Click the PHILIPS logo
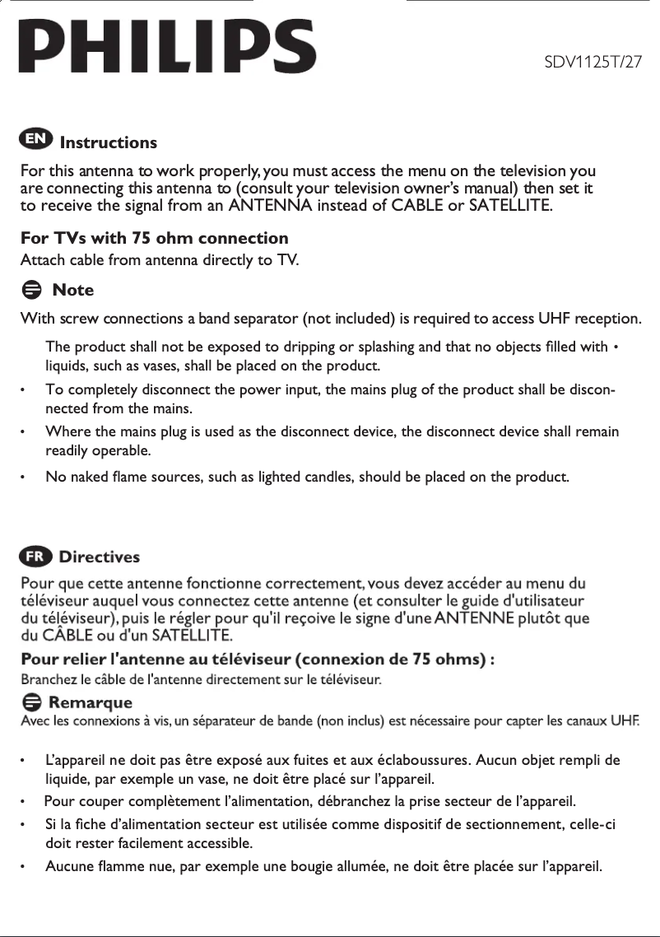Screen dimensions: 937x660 167,48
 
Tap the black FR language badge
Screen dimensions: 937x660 36,556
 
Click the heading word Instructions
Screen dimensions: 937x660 108,142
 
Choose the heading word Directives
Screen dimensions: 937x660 99,557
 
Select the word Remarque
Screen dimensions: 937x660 91,703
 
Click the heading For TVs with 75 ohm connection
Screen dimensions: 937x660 154,239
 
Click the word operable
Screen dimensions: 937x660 124,450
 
